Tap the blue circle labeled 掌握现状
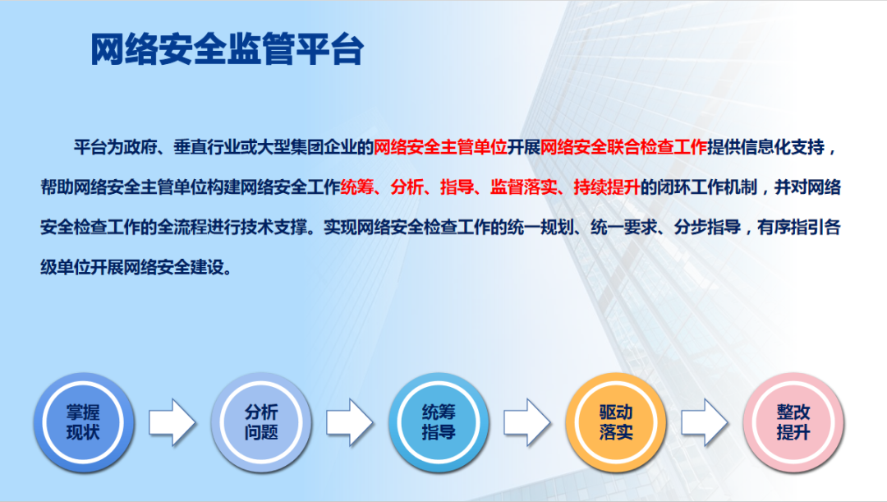(83, 421)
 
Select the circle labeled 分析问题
(261, 421)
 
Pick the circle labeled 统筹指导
(439, 421)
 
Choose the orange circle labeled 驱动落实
(616, 421)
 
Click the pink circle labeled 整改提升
(793, 421)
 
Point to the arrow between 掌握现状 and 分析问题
(172, 422)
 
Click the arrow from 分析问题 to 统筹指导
(349, 422)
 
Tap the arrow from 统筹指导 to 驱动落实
(526, 422)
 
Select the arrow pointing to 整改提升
(704, 422)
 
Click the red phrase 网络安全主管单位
(440, 148)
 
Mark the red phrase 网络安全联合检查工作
(624, 148)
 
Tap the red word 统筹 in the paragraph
(356, 187)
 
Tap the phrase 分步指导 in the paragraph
(701, 228)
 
